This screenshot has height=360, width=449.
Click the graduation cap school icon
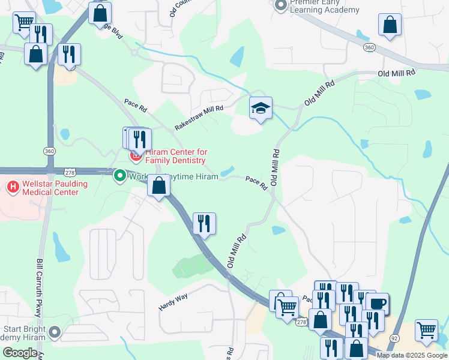pos(261,109)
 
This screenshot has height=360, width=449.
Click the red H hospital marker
pos(11,187)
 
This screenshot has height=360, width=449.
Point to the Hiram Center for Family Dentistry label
pos(175,156)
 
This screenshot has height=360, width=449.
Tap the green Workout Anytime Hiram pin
pos(119,176)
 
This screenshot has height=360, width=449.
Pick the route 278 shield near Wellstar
pos(70,173)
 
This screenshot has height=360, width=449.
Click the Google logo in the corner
pos(20,353)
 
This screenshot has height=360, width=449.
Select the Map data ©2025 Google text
pos(412,355)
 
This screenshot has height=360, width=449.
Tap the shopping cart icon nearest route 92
pos(426,330)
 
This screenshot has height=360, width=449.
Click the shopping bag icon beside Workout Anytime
pos(158,185)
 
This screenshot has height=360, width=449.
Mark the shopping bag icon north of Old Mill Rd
pos(390,25)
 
